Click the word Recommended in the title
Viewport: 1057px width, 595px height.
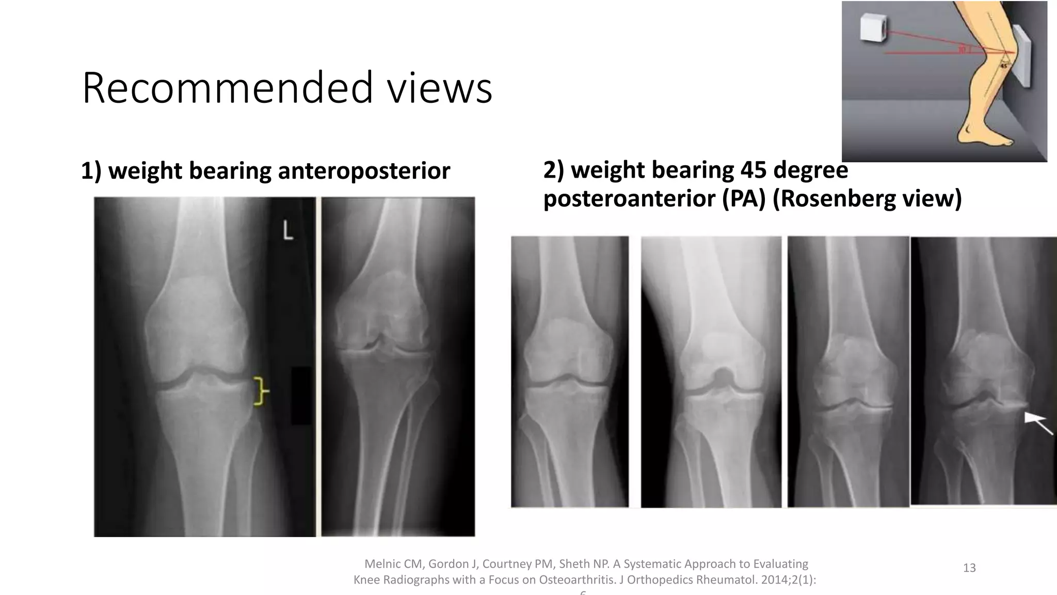(x=227, y=88)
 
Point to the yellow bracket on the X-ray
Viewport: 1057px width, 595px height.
(x=261, y=391)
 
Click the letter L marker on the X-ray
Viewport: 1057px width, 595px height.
(x=288, y=231)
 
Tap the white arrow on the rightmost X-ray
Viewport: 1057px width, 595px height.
(x=1038, y=424)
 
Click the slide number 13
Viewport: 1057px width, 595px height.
(x=969, y=568)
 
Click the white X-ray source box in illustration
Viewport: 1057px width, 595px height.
(x=873, y=27)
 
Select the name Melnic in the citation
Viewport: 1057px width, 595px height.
(x=382, y=564)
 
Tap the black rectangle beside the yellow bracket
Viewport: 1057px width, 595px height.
(x=301, y=395)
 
